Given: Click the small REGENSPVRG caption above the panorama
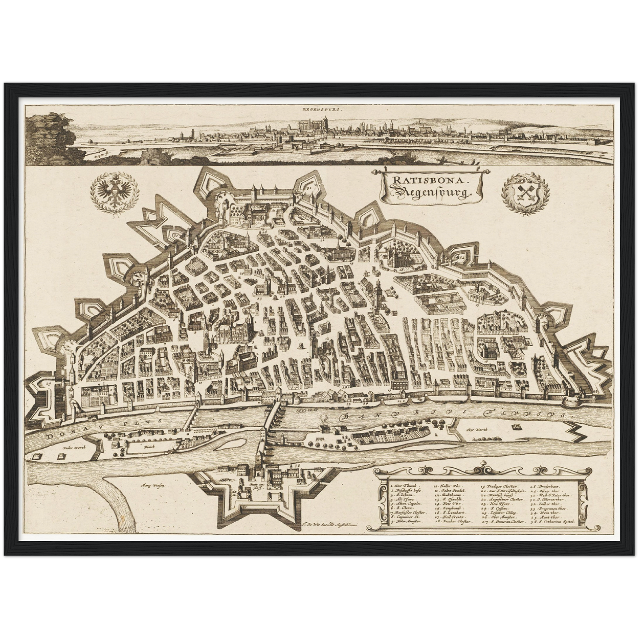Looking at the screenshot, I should coord(319,108).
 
